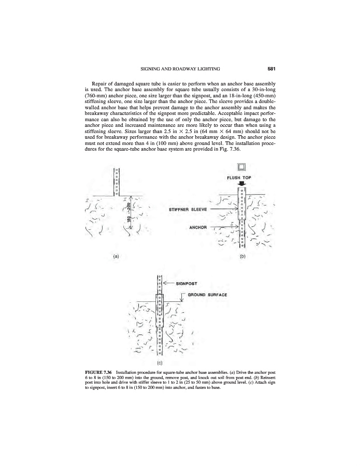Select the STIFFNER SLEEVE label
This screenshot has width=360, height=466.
click(189, 210)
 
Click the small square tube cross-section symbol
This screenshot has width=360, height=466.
click(239, 167)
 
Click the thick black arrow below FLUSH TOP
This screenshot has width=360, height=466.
click(239, 184)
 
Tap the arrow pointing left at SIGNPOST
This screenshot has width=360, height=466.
click(169, 283)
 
